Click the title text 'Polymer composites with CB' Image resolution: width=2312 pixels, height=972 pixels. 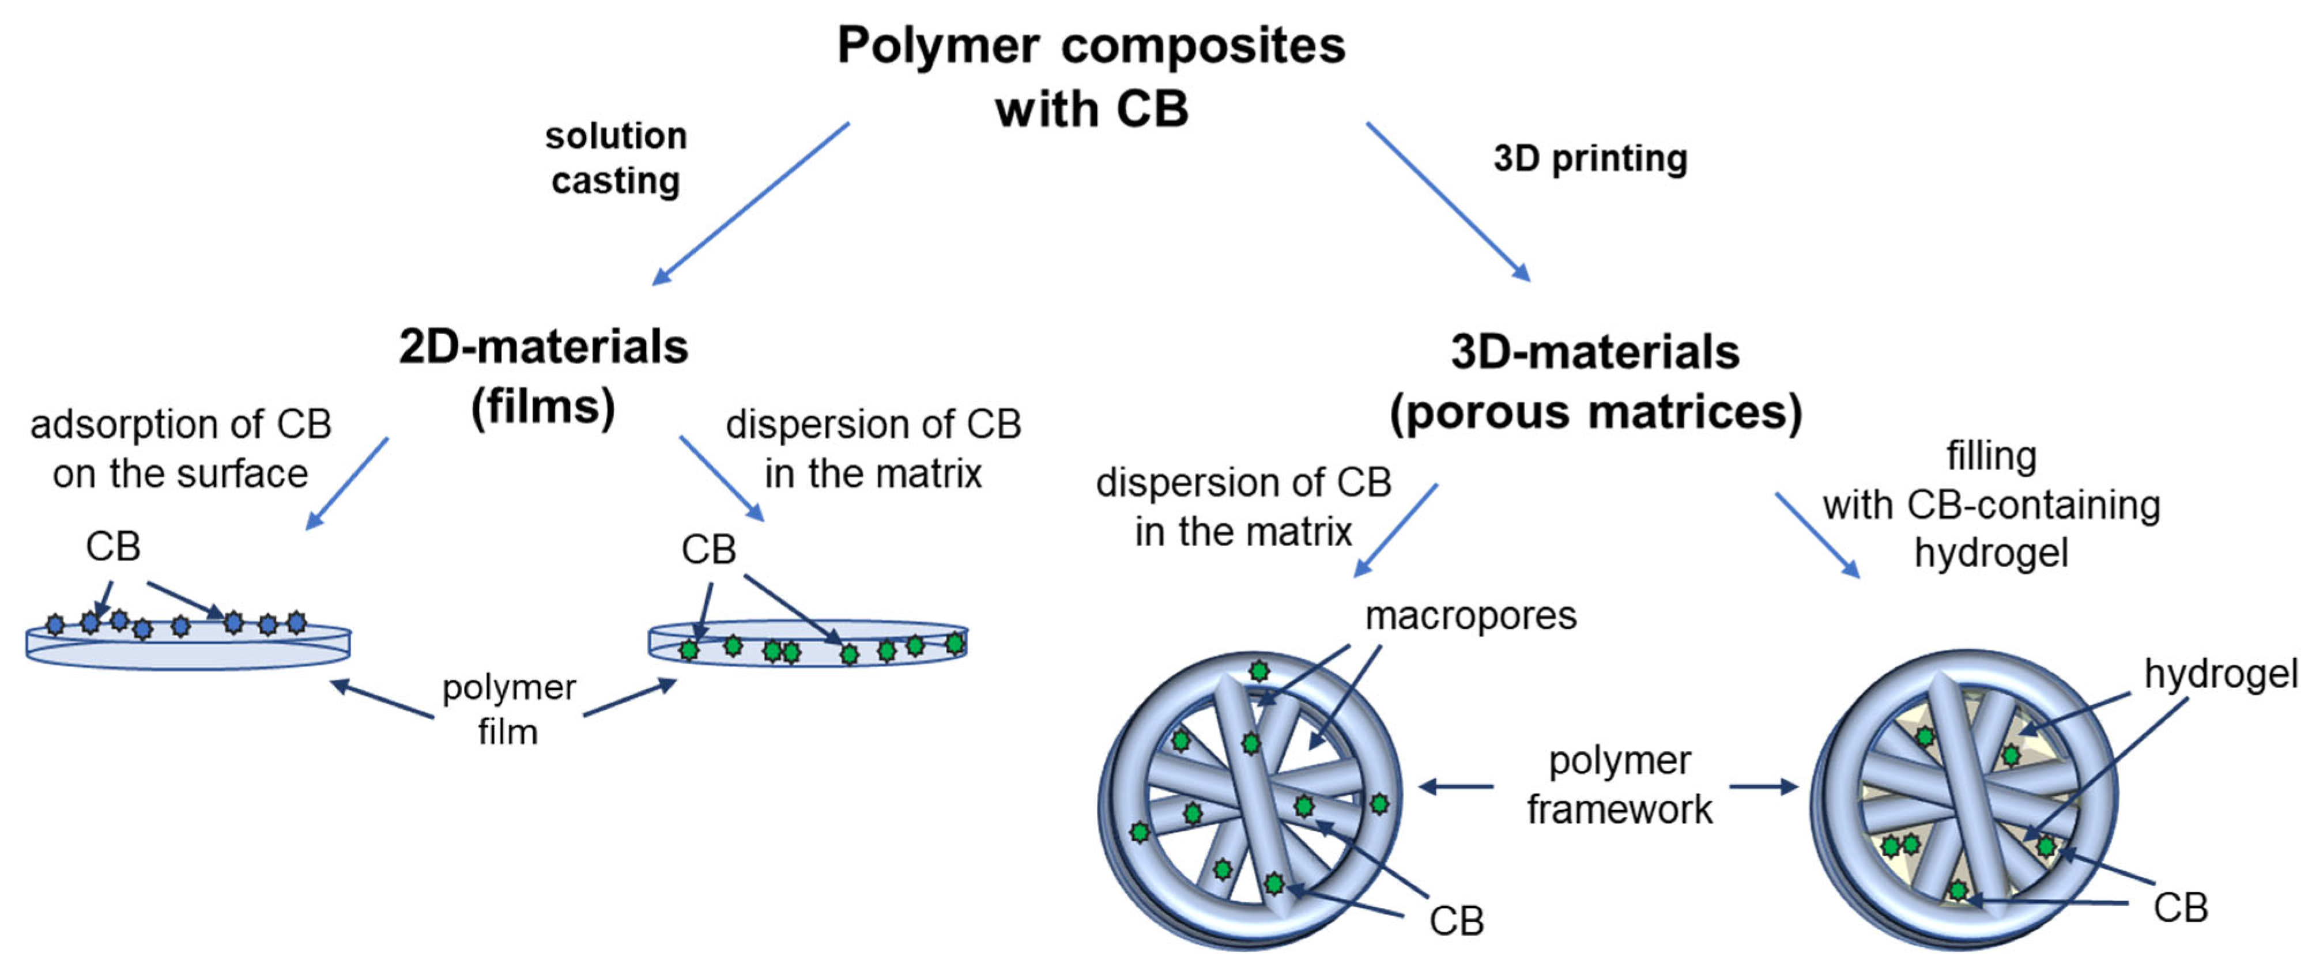(x=1091, y=76)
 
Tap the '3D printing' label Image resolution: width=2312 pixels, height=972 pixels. (x=1590, y=159)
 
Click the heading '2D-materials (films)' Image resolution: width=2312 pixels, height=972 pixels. (x=543, y=376)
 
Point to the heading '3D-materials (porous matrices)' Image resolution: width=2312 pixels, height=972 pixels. (x=1595, y=381)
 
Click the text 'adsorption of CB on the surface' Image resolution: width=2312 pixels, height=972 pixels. (x=180, y=449)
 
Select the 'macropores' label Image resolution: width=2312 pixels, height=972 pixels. (x=1470, y=616)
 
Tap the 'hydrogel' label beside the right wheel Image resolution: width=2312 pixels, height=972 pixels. (x=2220, y=673)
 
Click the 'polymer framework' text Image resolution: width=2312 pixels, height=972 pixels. (x=1619, y=785)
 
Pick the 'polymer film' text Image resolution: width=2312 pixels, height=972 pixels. (x=508, y=709)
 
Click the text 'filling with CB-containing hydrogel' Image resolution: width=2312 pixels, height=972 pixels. (x=1991, y=505)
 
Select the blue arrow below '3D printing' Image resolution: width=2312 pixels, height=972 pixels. (x=1448, y=202)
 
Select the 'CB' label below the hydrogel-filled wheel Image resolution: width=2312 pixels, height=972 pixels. (x=2180, y=908)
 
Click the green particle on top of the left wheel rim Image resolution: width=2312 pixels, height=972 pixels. (x=1259, y=671)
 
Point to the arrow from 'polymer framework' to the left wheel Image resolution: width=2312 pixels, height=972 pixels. (x=1456, y=787)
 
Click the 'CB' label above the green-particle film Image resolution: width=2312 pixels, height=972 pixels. (x=708, y=549)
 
